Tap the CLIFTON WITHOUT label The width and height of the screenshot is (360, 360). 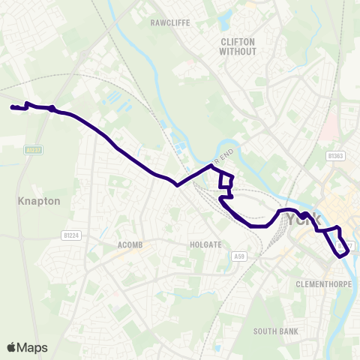pyautogui.click(x=238, y=46)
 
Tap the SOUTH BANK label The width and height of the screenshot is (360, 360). pyautogui.click(x=275, y=331)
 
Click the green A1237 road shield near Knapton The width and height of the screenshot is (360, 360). pyautogui.click(x=33, y=149)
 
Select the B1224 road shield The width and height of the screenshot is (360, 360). pyautogui.click(x=71, y=235)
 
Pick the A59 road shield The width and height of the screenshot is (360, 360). pyautogui.click(x=239, y=256)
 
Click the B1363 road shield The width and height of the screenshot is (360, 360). pyautogui.click(x=335, y=155)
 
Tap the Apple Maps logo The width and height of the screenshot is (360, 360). pyautogui.click(x=27, y=347)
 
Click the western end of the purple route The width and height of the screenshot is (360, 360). pyautogui.click(x=12, y=108)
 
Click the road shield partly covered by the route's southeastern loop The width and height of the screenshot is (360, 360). pyautogui.click(x=346, y=245)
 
